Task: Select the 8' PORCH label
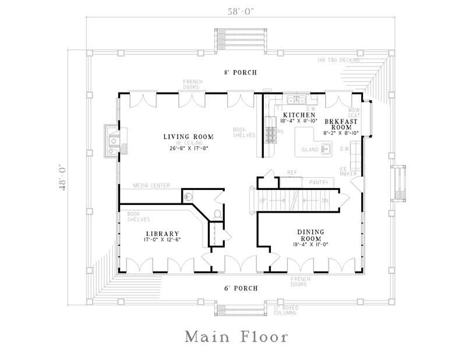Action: tap(241, 72)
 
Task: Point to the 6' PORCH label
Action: tap(241, 288)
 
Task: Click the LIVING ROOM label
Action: tap(188, 137)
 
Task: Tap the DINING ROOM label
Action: tap(312, 235)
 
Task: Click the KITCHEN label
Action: tap(299, 115)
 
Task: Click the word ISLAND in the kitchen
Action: tap(310, 150)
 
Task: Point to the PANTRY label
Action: tap(319, 183)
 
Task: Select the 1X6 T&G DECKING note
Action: tap(339, 60)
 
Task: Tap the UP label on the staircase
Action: tap(262, 200)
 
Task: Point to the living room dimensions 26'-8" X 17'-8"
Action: tap(188, 149)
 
